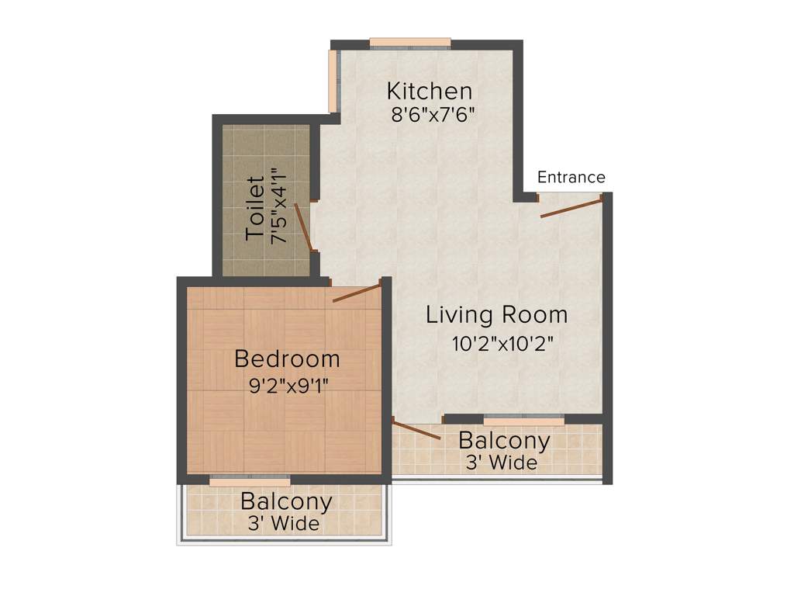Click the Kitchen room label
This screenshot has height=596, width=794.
click(430, 91)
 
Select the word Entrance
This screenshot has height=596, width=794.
click(571, 178)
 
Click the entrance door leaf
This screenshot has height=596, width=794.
click(571, 207)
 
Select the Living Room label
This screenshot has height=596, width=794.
click(497, 315)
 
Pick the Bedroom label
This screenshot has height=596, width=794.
click(287, 359)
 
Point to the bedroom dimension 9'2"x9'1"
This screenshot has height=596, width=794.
click(288, 385)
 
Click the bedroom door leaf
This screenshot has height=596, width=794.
click(357, 293)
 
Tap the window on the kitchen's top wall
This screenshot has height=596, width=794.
click(410, 43)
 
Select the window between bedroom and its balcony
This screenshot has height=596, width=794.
click(250, 482)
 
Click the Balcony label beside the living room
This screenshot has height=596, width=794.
click(504, 441)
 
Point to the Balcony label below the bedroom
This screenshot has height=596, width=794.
click(286, 502)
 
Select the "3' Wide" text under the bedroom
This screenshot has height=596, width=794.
click(284, 525)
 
